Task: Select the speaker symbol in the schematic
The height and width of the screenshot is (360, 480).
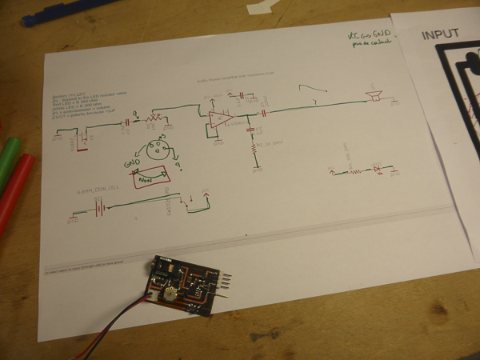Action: click(x=373, y=97)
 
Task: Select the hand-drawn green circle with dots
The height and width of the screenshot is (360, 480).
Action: click(x=160, y=150)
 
